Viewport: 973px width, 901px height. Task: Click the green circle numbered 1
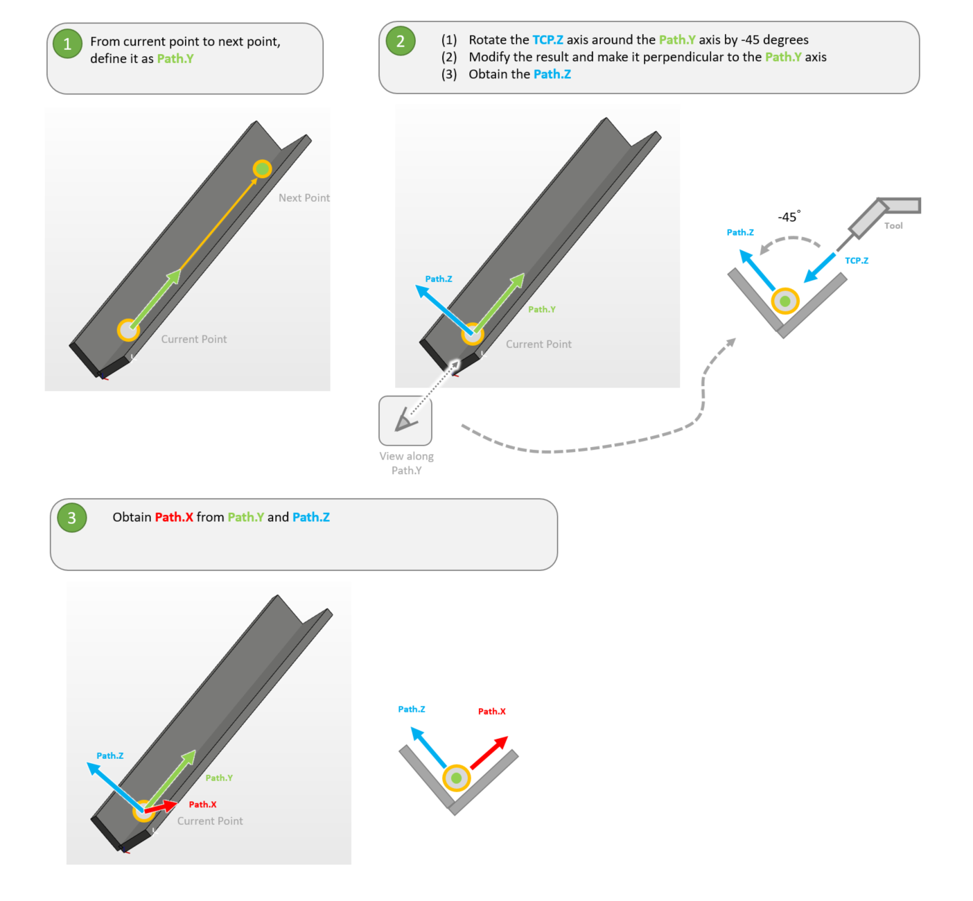click(68, 44)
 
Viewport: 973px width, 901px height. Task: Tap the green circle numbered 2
click(401, 41)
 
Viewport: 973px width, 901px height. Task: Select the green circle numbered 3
click(72, 517)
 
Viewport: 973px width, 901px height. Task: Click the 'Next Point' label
click(304, 198)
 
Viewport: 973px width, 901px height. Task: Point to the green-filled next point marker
click(262, 168)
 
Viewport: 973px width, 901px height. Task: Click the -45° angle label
click(789, 216)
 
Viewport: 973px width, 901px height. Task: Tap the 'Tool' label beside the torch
click(893, 225)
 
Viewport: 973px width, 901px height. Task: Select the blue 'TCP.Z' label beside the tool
click(857, 261)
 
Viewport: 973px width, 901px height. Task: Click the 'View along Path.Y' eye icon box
click(405, 421)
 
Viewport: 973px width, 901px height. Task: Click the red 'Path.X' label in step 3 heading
click(174, 517)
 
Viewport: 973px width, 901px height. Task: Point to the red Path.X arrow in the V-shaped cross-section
click(489, 753)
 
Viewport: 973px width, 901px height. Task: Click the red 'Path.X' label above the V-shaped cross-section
click(491, 711)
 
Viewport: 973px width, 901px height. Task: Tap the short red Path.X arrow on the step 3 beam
click(161, 806)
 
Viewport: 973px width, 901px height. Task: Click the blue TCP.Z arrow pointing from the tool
click(820, 268)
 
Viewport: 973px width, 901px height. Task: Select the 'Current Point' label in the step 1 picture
click(194, 339)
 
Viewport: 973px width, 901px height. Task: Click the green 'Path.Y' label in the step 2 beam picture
click(541, 309)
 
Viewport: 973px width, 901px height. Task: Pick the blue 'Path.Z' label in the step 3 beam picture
click(109, 755)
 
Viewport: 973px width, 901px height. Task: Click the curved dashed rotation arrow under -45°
click(789, 241)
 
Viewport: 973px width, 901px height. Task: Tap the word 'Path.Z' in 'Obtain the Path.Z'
click(552, 74)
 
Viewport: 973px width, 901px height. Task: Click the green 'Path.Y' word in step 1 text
click(175, 59)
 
